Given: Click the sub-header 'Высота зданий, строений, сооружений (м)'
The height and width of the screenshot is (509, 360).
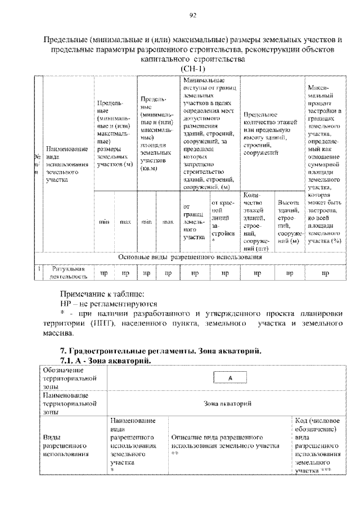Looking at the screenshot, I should [x=289, y=221].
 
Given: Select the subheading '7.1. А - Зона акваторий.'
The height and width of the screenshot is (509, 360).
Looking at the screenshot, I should [x=106, y=360].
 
